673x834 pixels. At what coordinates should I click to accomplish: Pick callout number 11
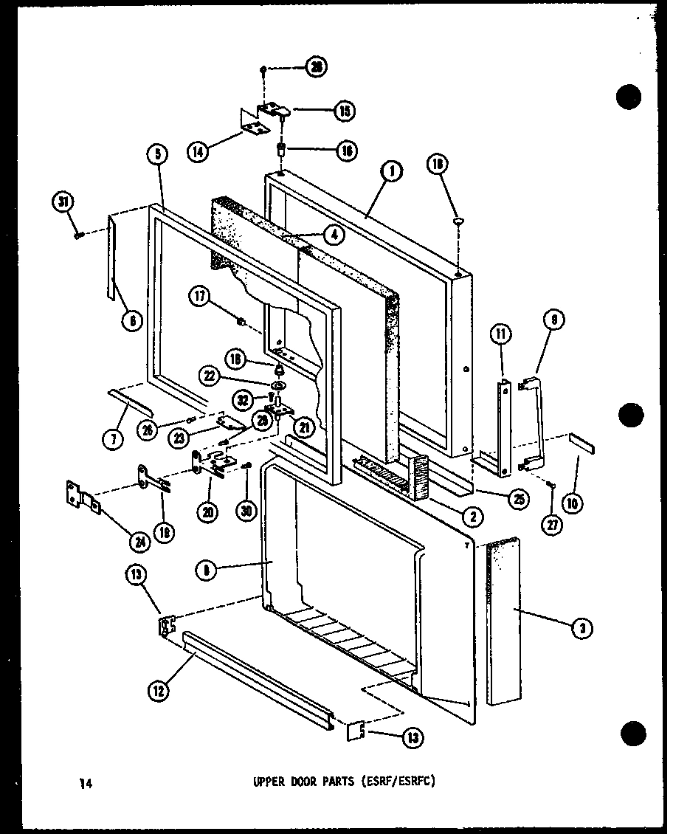click(500, 334)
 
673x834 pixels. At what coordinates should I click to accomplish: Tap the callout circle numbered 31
click(64, 200)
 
